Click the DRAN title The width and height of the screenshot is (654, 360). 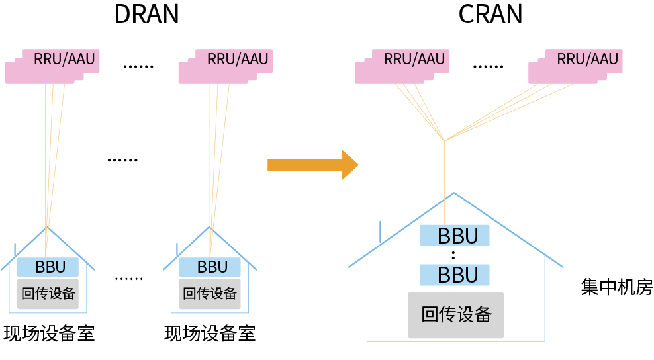tap(146, 14)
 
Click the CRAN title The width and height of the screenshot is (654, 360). tap(490, 14)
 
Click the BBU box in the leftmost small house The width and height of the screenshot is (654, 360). tap(48, 267)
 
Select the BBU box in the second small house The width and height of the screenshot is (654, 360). tap(211, 267)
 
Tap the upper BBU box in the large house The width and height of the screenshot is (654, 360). tap(454, 236)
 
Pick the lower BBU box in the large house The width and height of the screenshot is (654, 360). tap(454, 275)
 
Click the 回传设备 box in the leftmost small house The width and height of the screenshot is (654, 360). tap(48, 294)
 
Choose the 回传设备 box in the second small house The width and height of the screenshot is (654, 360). tap(210, 294)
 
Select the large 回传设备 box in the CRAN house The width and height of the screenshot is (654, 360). tap(455, 315)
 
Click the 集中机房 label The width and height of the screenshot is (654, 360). tap(616, 288)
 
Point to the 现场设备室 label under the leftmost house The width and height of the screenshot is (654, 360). tap(49, 334)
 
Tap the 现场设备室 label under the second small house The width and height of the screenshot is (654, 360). tap(210, 334)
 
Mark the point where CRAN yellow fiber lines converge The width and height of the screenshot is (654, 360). tap(444, 140)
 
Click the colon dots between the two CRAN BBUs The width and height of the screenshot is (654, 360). tap(453, 255)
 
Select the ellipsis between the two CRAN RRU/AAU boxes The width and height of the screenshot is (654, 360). tap(488, 67)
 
